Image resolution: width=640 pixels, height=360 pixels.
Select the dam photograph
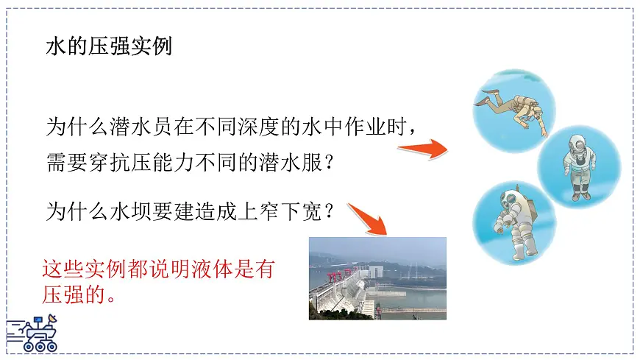click(377, 278)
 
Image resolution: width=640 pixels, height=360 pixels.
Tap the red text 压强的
click(71, 295)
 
